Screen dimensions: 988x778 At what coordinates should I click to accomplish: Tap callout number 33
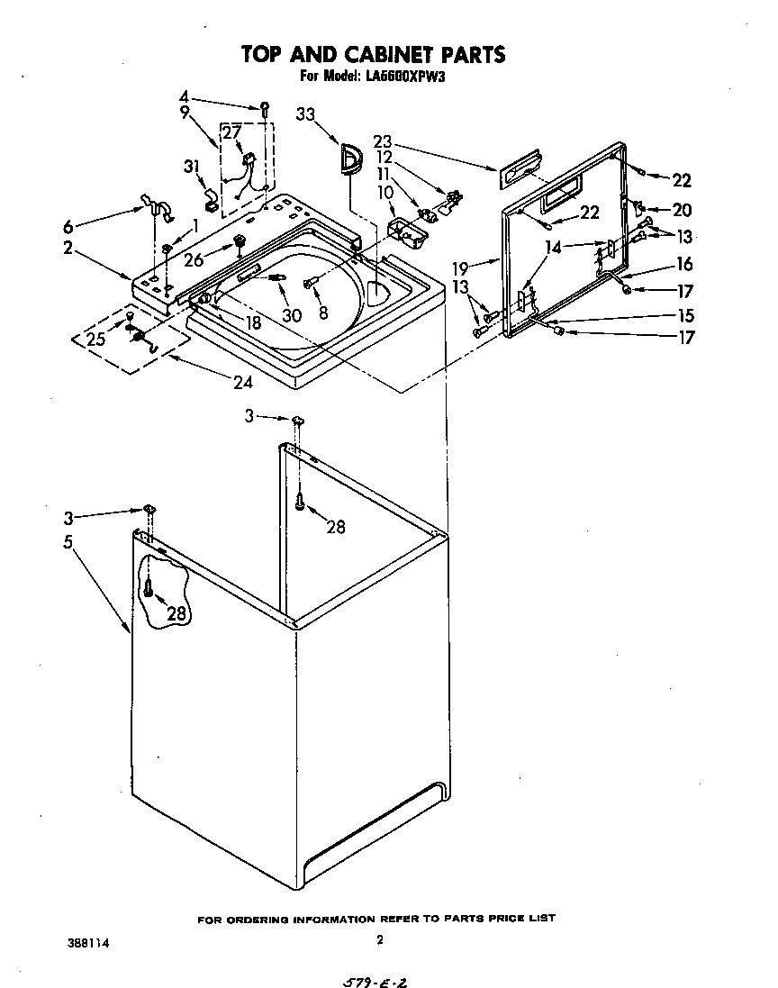click(307, 114)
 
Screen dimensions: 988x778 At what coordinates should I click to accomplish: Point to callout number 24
click(241, 382)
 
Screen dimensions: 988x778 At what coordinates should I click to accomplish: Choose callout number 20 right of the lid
click(681, 210)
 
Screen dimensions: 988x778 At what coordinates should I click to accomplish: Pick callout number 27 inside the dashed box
click(232, 132)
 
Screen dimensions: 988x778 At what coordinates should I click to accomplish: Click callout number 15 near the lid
click(685, 316)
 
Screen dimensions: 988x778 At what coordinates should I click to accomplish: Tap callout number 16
click(685, 265)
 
